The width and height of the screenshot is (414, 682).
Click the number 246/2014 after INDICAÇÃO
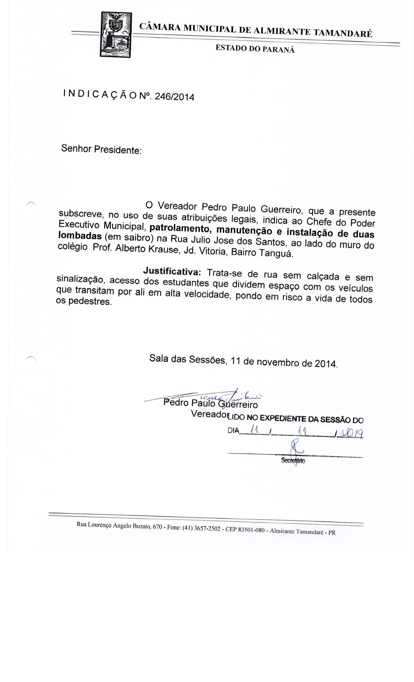tap(174, 97)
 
